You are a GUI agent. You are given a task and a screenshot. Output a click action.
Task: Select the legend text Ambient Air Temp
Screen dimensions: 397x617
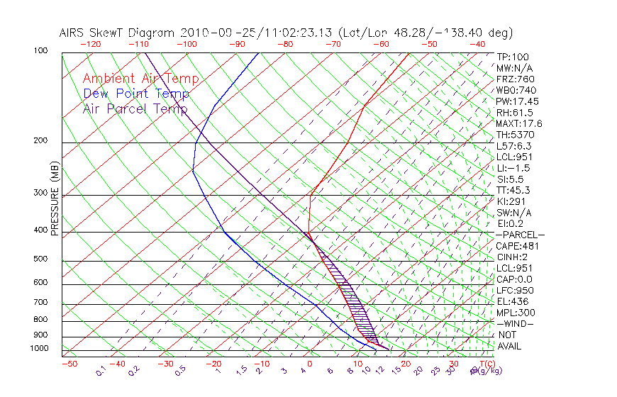click(x=140, y=79)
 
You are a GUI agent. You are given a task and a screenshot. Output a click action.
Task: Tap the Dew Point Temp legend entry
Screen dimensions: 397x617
click(x=136, y=94)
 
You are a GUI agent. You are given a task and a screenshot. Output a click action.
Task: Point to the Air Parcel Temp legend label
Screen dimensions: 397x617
click(x=135, y=108)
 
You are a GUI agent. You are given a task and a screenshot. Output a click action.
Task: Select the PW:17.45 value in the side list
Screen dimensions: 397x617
click(x=517, y=101)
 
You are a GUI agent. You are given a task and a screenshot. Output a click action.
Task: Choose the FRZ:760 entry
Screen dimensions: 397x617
click(x=516, y=79)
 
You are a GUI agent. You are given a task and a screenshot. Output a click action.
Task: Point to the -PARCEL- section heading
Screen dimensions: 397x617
click(x=520, y=235)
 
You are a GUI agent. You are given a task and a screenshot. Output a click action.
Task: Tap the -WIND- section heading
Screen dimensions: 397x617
click(x=516, y=323)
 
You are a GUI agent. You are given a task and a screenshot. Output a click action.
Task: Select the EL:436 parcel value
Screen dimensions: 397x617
click(x=512, y=301)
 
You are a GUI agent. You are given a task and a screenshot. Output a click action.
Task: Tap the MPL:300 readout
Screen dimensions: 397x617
click(x=516, y=313)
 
